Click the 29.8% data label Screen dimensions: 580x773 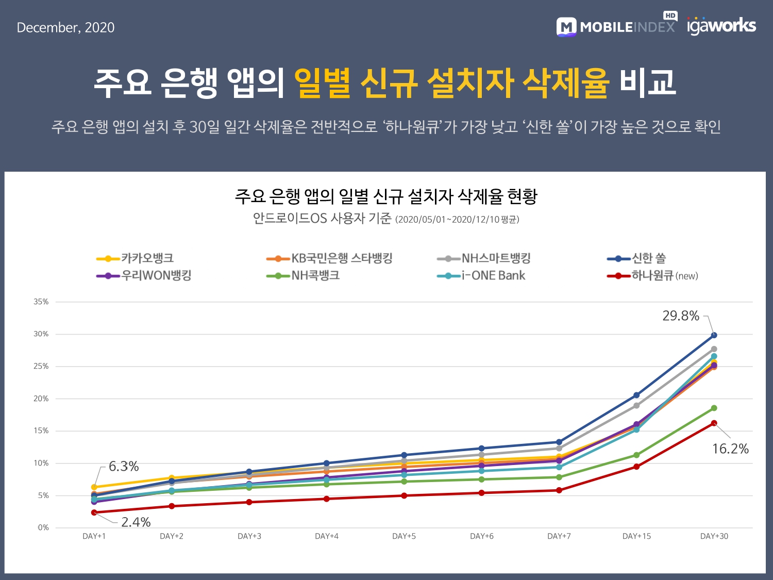(681, 316)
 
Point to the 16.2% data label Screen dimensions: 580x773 (730, 449)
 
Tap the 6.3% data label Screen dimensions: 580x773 (124, 467)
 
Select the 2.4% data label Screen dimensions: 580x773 (136, 522)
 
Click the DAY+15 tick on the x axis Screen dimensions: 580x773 (636, 536)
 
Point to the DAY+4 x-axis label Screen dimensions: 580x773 (327, 536)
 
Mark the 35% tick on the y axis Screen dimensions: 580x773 (41, 302)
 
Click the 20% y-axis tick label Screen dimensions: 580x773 (41, 399)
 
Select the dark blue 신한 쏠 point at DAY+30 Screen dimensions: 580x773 (714, 335)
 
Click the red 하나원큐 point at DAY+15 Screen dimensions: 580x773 (636, 467)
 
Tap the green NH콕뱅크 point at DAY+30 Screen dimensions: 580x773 (714, 408)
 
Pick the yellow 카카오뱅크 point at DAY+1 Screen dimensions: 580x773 (94, 487)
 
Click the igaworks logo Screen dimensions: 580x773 (721, 26)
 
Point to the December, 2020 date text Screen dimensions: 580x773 (66, 27)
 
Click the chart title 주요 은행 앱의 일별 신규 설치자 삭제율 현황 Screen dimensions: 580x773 (386, 196)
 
